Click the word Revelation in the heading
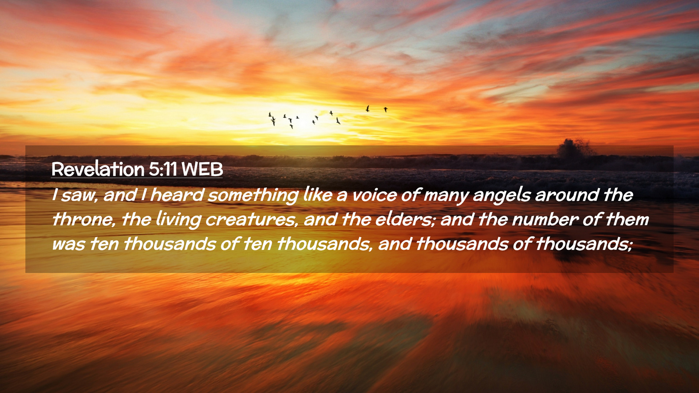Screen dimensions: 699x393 (x=98, y=169)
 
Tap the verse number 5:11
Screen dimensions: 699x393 (x=163, y=169)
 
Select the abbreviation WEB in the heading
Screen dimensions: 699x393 (x=202, y=169)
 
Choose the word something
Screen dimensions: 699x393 (x=253, y=195)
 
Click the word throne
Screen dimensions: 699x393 (x=83, y=219)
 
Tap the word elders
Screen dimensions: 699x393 (x=404, y=219)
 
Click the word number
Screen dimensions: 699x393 (x=545, y=219)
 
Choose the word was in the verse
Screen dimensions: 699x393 (x=68, y=245)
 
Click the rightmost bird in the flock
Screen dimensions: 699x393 (x=386, y=109)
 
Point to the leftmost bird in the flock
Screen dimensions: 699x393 (x=270, y=115)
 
